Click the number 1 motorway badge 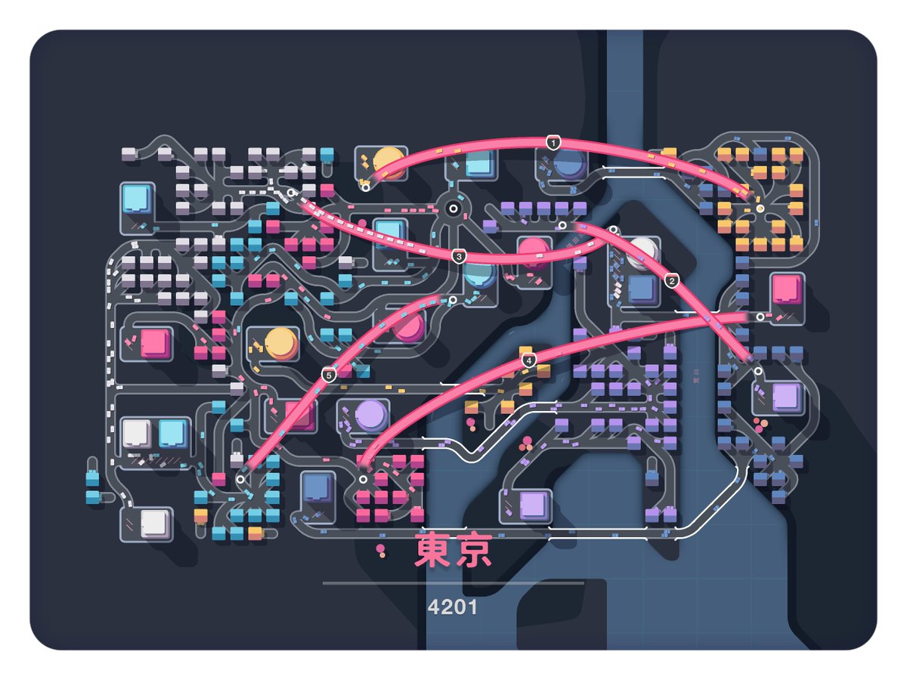coord(554,142)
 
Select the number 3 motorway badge coord(459,257)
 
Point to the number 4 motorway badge coord(529,360)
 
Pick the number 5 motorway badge coord(328,375)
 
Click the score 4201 coord(453,607)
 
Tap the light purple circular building coord(371,413)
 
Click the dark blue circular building coord(571,163)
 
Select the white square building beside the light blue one coord(137,432)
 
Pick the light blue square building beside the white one coord(173,432)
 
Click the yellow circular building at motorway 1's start coord(390,162)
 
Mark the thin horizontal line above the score coord(453,583)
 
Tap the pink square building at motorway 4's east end coord(787,289)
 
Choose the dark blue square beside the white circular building coord(642,288)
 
